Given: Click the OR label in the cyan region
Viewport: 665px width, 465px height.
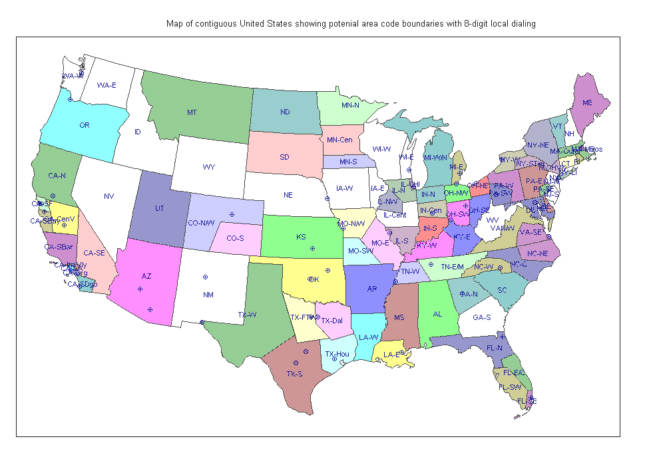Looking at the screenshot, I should click(84, 125).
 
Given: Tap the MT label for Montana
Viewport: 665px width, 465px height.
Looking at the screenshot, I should click(191, 112).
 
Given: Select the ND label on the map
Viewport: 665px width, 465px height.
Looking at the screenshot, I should click(285, 112).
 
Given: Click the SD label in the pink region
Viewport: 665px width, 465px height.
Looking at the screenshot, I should click(284, 157).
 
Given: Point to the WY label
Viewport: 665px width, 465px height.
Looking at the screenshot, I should click(209, 166).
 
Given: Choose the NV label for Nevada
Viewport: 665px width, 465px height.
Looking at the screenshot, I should click(109, 196).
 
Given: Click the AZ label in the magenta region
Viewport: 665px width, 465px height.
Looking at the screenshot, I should click(147, 275).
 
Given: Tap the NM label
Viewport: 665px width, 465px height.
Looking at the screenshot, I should click(208, 294).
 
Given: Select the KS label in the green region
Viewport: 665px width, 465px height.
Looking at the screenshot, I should click(301, 237).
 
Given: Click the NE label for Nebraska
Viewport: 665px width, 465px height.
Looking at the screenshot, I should click(288, 195).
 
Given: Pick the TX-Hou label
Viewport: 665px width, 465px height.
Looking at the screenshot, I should click(337, 354).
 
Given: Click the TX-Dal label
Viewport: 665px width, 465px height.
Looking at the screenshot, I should click(332, 321).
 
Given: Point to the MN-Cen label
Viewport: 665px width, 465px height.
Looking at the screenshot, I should click(339, 140).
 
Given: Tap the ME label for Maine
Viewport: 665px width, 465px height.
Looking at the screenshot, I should click(587, 103).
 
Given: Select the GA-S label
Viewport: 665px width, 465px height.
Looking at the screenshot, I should click(482, 317).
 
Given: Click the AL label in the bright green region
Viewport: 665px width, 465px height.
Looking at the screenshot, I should click(437, 314).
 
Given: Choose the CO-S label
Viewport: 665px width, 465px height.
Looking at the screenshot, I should click(235, 238).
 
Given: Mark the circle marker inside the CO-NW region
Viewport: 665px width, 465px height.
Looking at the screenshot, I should click(232, 214).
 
